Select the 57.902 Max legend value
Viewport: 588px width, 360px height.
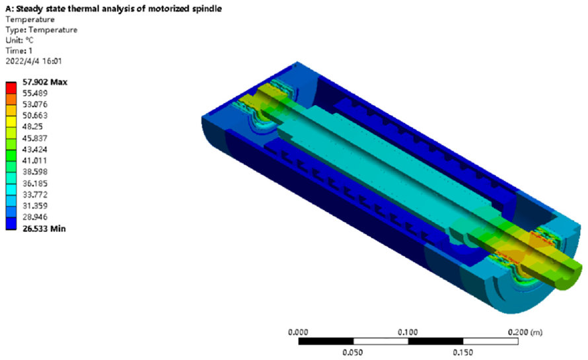pos(45,82)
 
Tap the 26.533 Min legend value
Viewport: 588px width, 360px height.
pos(44,229)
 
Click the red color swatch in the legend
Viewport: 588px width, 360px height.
pos(11,88)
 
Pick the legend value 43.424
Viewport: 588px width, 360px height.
pos(35,150)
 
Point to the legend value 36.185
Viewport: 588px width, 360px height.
pos(35,184)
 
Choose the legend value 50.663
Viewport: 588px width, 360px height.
pos(35,116)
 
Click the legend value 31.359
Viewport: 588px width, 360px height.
pos(35,206)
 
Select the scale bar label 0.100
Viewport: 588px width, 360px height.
pos(408,332)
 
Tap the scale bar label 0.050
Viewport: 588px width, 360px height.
pos(353,353)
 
